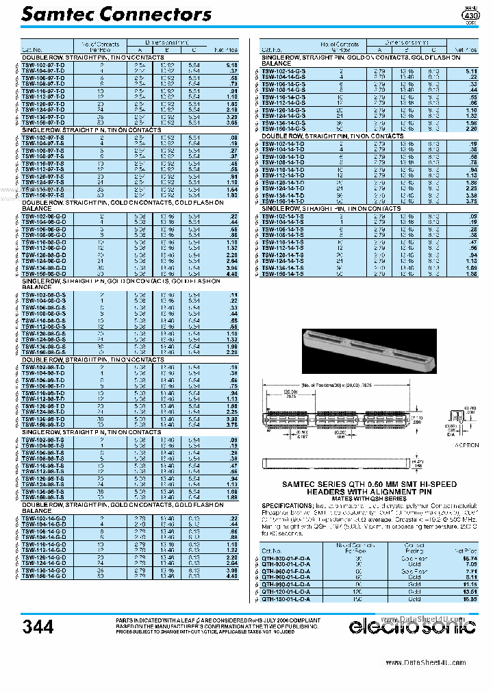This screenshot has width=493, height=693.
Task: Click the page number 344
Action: click(x=38, y=627)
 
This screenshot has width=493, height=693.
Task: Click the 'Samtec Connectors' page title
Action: click(x=116, y=14)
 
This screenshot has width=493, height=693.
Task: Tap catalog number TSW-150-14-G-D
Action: click(x=43, y=577)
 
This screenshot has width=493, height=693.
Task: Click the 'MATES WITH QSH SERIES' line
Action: click(x=369, y=499)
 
